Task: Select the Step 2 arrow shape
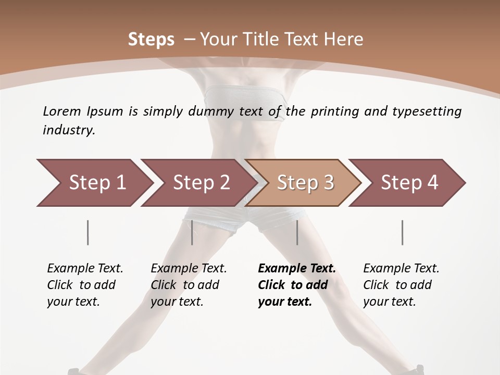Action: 201,183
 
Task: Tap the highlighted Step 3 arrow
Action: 305,183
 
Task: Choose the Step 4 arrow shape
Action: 409,183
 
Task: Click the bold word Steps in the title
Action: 151,40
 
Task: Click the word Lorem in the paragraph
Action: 61,111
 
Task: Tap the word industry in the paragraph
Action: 68,130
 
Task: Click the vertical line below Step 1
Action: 88,232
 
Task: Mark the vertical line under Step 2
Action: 192,232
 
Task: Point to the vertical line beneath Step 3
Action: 297,232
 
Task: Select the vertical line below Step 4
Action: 402,232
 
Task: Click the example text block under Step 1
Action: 85,285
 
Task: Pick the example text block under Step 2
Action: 189,285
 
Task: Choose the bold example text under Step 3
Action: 296,285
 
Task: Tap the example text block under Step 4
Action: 401,285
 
